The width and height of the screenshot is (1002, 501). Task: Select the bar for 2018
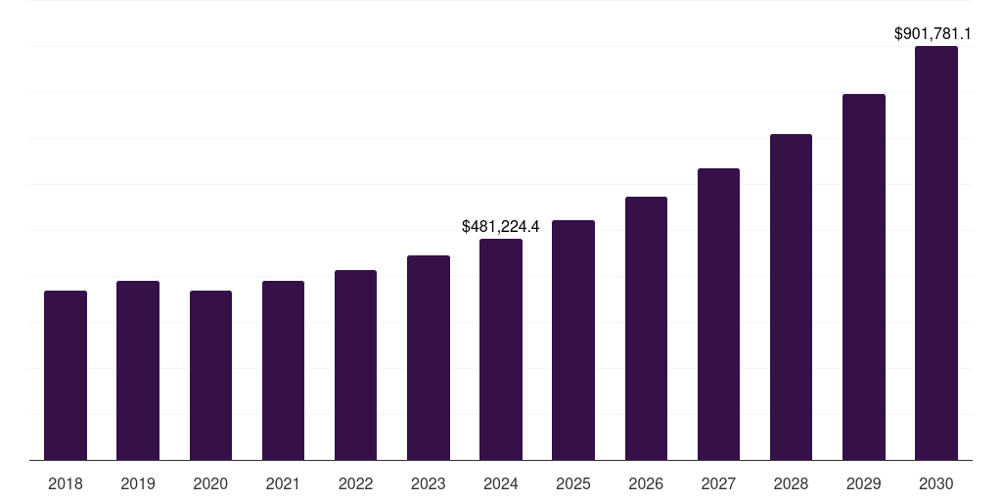pyautogui.click(x=66, y=376)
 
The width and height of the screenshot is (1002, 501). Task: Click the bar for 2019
pyautogui.click(x=138, y=371)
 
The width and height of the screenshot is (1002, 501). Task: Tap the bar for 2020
pyautogui.click(x=210, y=376)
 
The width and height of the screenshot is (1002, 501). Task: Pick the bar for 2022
pyautogui.click(x=355, y=365)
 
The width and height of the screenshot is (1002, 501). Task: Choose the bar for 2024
pyautogui.click(x=501, y=349)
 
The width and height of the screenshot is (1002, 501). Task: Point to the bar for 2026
pyautogui.click(x=646, y=329)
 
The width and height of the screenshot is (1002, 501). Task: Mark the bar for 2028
pyautogui.click(x=791, y=297)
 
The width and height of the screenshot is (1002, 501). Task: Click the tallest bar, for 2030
pyautogui.click(x=936, y=253)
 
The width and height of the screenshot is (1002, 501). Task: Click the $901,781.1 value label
pyautogui.click(x=939, y=34)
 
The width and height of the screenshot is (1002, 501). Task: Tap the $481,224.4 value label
pyautogui.click(x=501, y=227)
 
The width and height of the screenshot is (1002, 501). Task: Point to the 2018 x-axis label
pyautogui.click(x=66, y=483)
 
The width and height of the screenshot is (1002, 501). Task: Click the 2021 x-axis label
pyautogui.click(x=283, y=483)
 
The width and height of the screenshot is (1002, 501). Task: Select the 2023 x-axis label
pyautogui.click(x=429, y=483)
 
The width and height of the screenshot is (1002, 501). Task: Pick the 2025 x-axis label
pyautogui.click(x=573, y=483)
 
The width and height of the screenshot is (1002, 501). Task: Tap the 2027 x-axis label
pyautogui.click(x=718, y=483)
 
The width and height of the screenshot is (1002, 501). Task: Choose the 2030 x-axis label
pyautogui.click(x=936, y=483)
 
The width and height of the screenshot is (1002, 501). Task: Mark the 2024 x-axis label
pyautogui.click(x=501, y=483)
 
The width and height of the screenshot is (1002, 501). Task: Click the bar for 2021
pyautogui.click(x=283, y=371)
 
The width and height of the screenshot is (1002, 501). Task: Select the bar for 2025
pyautogui.click(x=573, y=341)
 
